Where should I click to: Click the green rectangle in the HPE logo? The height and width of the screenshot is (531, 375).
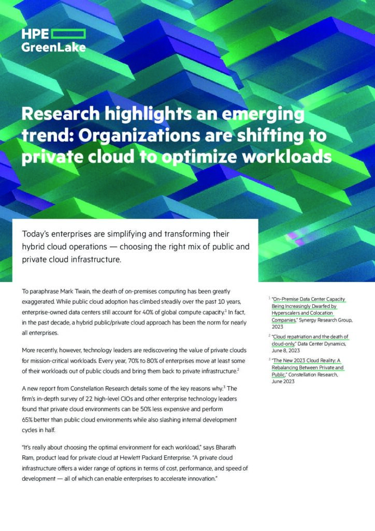tap(69, 34)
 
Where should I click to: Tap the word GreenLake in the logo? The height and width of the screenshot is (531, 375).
tap(54, 47)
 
